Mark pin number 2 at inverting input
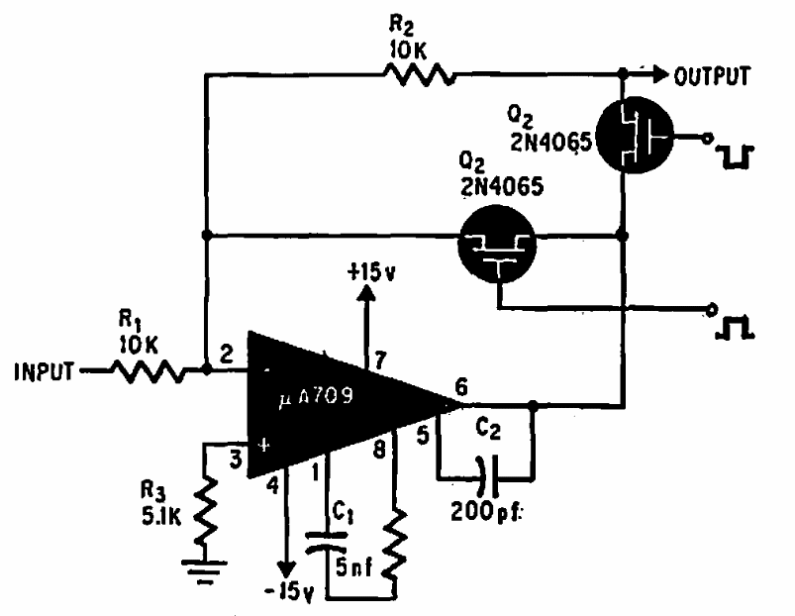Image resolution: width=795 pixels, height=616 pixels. (226, 353)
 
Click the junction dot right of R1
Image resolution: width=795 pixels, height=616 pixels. (205, 371)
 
